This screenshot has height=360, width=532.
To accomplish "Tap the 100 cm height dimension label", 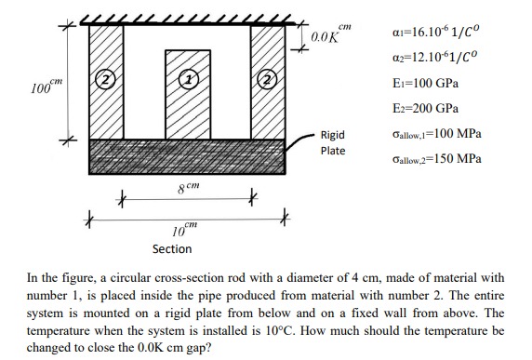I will point(41,88).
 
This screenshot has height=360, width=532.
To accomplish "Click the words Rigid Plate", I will point(332,142).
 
